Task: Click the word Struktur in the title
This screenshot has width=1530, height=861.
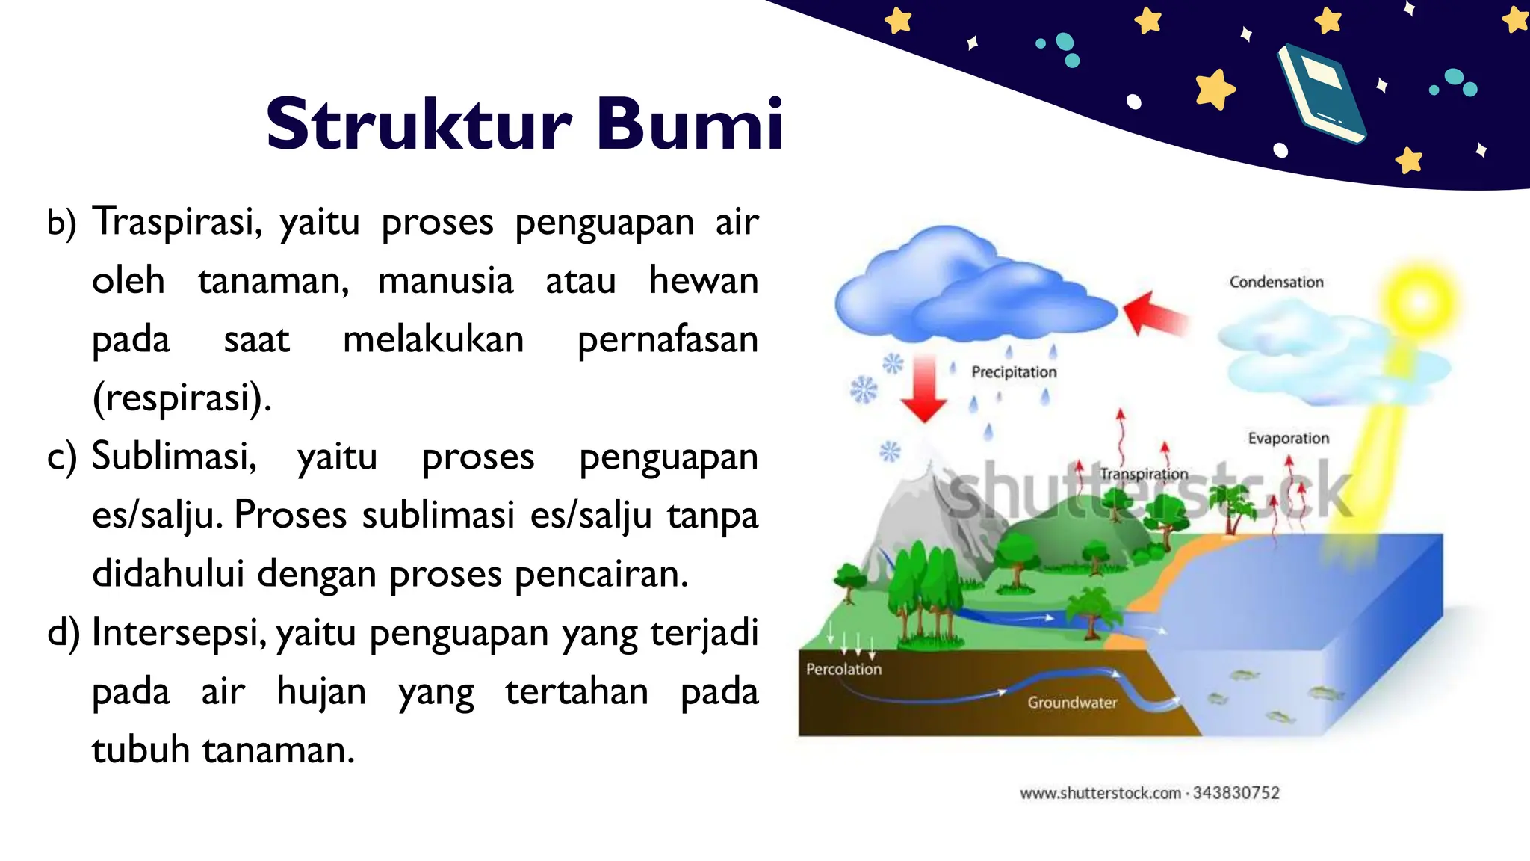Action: point(418,124)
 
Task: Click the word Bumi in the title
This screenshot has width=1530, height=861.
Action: point(689,124)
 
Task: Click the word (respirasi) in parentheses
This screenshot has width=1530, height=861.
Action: point(182,398)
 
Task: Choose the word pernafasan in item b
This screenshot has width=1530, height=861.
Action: point(667,339)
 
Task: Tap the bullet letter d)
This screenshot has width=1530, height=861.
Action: point(63,632)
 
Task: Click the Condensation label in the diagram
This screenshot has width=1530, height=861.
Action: point(1276,282)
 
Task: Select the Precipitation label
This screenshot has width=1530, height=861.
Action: point(1014,372)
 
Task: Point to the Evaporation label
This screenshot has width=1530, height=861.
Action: point(1288,438)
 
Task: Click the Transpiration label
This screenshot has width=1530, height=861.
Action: point(1143,474)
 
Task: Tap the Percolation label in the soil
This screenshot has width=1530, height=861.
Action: point(843,669)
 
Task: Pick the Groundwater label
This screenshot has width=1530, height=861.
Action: point(1072,703)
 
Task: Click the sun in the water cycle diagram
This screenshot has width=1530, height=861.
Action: point(1419,301)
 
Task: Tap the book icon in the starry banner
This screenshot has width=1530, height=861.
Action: point(1321,93)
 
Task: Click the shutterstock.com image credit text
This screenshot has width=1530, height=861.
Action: point(1149,793)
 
